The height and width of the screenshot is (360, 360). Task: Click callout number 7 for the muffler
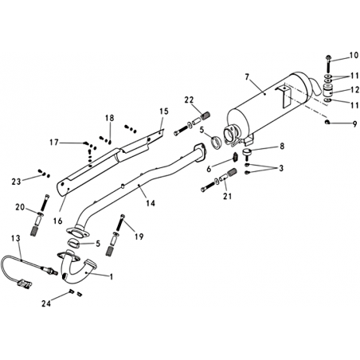click(x=247, y=77)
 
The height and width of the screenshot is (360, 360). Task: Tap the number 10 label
click(x=354, y=55)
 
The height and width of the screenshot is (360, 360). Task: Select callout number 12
click(x=354, y=90)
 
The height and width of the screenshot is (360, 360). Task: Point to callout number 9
click(x=355, y=123)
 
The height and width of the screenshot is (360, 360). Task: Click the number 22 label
click(x=190, y=100)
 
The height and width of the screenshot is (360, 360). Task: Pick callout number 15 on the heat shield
click(x=164, y=112)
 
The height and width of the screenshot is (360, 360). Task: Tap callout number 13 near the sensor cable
click(x=16, y=238)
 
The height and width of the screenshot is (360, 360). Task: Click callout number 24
click(x=46, y=303)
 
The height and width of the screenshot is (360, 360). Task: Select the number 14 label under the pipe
click(x=151, y=203)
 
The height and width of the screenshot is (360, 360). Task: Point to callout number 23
click(x=16, y=182)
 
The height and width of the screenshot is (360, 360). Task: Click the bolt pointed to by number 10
click(x=329, y=64)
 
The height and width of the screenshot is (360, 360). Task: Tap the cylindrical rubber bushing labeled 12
click(x=328, y=91)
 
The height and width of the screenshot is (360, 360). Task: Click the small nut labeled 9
click(x=327, y=122)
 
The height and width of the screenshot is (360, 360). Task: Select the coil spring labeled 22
click(x=205, y=115)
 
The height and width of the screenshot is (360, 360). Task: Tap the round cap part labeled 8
click(x=248, y=152)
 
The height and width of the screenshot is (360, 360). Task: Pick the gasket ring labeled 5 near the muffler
click(x=216, y=142)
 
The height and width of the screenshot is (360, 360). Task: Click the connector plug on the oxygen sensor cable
click(x=25, y=284)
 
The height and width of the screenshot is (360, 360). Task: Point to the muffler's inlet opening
click(x=229, y=132)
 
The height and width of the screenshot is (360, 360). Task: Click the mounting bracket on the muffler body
click(x=284, y=96)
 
